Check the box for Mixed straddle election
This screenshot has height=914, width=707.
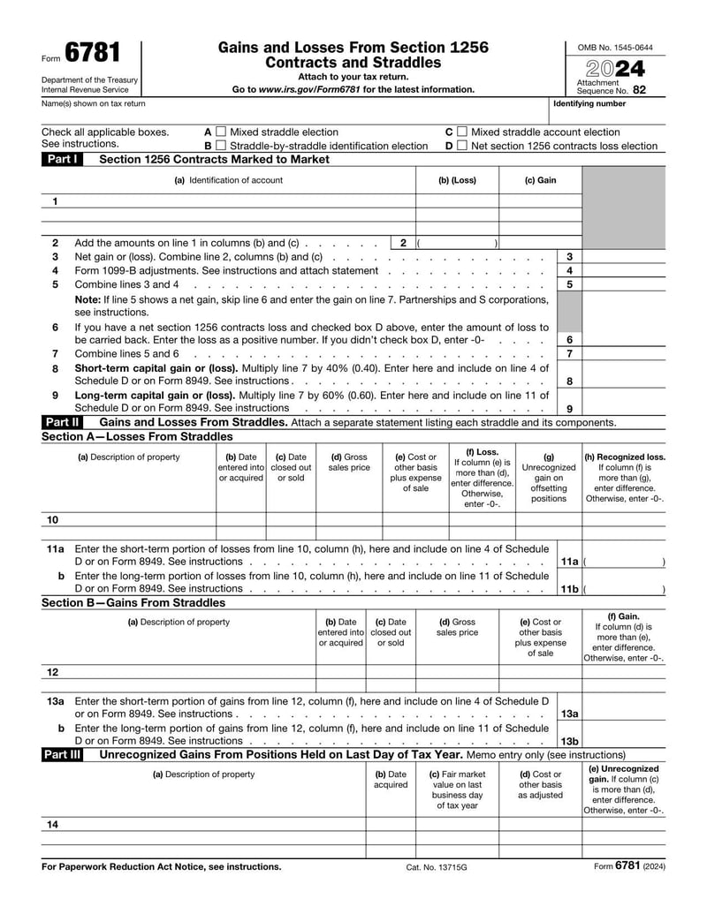221,132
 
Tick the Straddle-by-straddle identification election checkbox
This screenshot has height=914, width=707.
221,146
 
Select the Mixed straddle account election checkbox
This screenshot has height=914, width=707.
461,132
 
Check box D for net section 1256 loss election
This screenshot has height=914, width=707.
461,146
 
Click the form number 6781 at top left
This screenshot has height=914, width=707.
92,55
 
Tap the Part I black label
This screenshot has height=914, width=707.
62,159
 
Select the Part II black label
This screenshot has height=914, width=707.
62,422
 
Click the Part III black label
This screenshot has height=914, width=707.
64,755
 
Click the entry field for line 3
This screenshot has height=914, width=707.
623,256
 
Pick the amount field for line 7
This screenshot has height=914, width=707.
623,353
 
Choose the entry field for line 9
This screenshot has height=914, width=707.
623,408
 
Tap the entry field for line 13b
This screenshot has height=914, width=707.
623,741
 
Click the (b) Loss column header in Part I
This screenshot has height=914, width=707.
457,180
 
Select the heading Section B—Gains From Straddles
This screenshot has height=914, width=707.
133,602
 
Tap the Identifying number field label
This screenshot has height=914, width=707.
589,103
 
